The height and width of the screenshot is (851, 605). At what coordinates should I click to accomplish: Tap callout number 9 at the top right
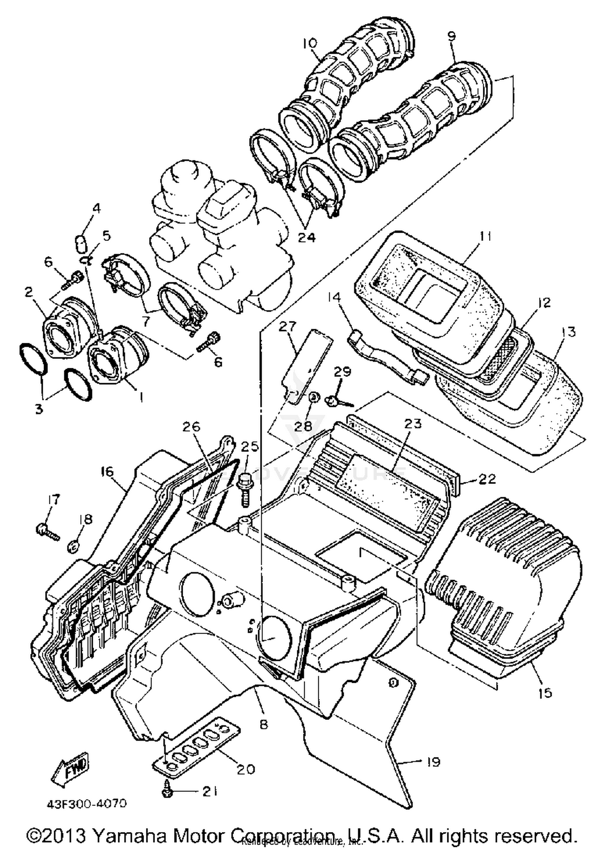click(x=452, y=36)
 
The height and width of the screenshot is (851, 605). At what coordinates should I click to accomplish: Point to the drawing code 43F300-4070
click(x=87, y=803)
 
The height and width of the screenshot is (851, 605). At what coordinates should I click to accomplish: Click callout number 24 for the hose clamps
click(x=307, y=238)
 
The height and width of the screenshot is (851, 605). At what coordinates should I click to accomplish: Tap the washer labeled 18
click(x=72, y=547)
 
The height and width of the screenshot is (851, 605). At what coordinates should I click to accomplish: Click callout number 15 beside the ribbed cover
click(x=544, y=693)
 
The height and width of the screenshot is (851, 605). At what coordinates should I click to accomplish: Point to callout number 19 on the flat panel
click(x=433, y=762)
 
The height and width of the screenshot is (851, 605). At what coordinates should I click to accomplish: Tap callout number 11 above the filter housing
click(x=486, y=236)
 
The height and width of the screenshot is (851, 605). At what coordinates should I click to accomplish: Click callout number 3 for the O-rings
click(x=39, y=409)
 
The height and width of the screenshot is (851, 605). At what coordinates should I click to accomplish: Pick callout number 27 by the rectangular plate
click(x=288, y=326)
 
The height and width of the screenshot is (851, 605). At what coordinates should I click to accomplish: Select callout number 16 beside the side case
click(x=107, y=471)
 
